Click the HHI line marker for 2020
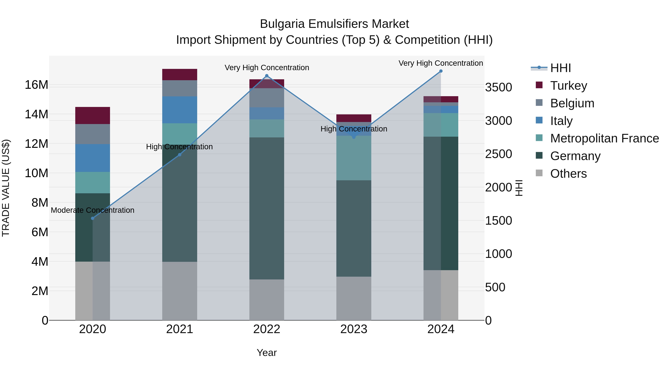[93, 218]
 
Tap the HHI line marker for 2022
[266, 76]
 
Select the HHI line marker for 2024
[441, 71]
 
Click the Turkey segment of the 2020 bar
[93, 115]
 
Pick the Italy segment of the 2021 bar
[180, 110]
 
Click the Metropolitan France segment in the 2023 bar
[354, 158]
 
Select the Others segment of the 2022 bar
[266, 300]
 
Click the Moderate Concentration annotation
[93, 210]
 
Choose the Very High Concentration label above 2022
[267, 68]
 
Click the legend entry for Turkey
[568, 86]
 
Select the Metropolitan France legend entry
[604, 139]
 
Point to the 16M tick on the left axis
[36, 85]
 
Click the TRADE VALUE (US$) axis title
[6, 188]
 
